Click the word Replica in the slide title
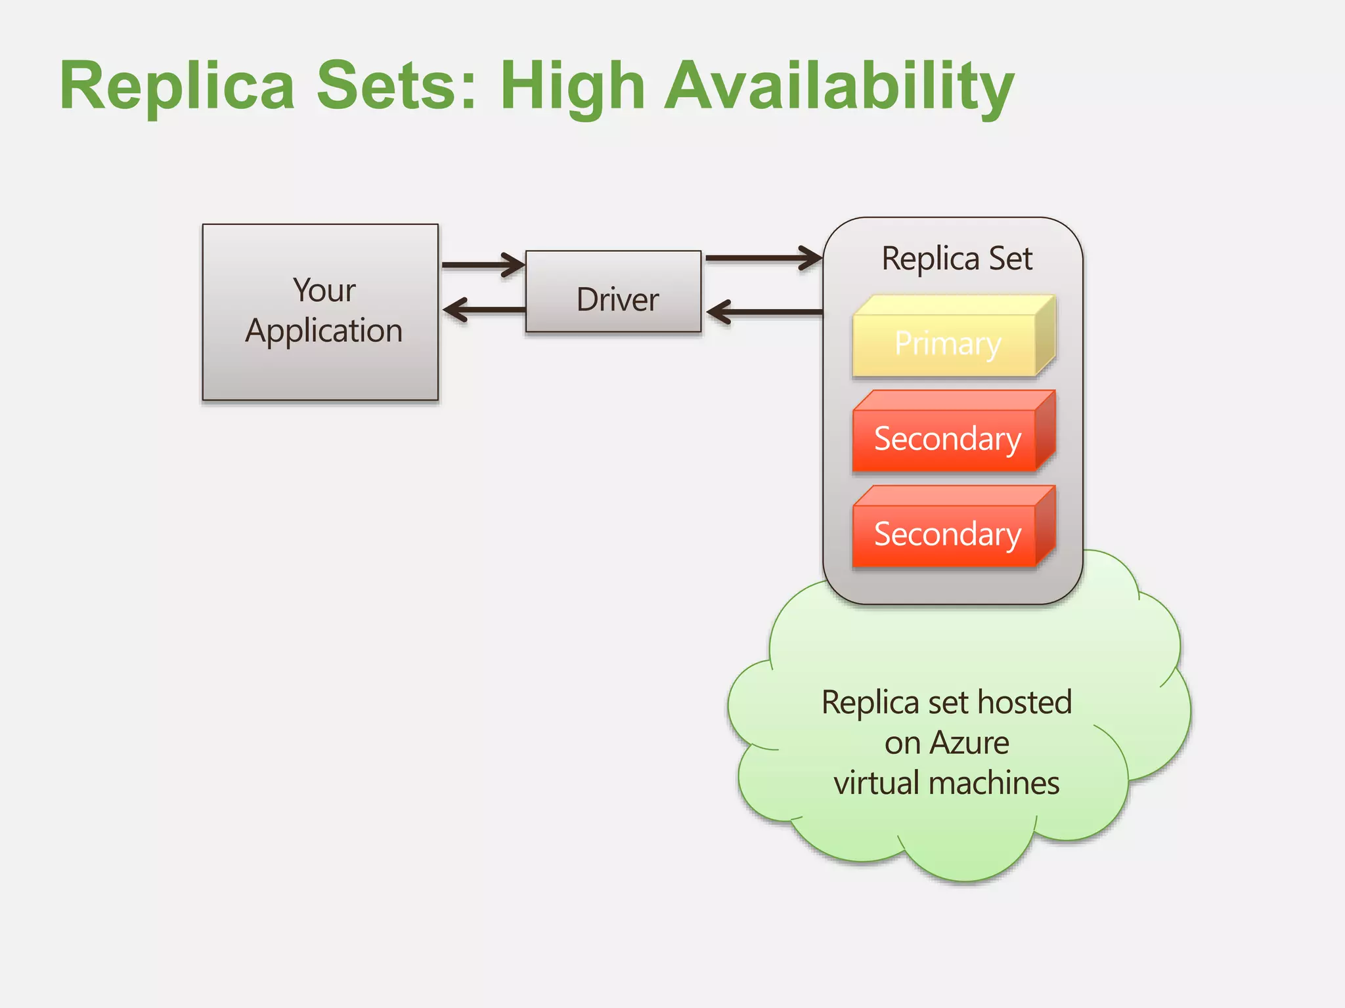click(x=177, y=87)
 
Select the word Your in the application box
click(x=324, y=290)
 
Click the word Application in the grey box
click(x=324, y=331)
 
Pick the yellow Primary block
click(x=947, y=343)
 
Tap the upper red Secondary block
click(x=947, y=438)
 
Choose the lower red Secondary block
click(x=947, y=534)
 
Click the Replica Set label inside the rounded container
click(x=956, y=259)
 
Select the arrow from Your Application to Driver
click(x=483, y=265)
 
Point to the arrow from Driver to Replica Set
click(x=762, y=258)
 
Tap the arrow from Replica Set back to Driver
click(x=764, y=312)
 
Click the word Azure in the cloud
click(x=969, y=744)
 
